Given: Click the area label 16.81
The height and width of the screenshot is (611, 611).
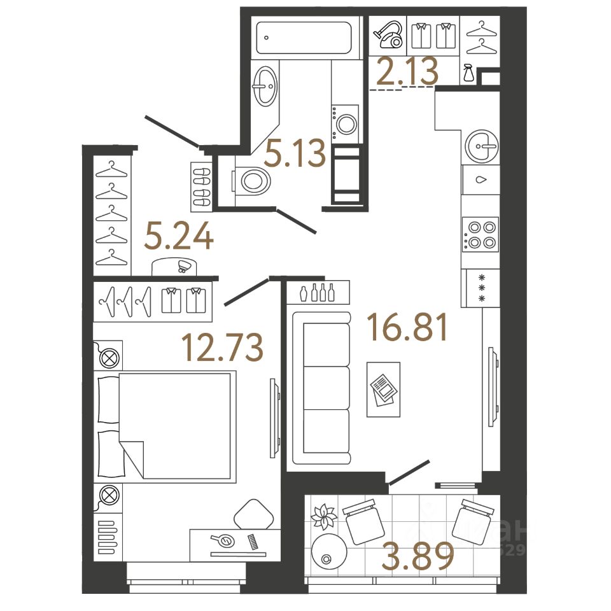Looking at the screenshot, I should click(408, 328).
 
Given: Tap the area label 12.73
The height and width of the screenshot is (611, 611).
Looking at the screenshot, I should click(222, 347).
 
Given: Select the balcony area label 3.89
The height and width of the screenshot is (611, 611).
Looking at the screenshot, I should click(418, 556).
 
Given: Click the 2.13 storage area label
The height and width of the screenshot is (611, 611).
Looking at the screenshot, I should click(407, 72).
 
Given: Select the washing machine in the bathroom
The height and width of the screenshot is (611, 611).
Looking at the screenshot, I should click(346, 122).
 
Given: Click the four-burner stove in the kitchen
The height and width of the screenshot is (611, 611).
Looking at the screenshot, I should click(481, 235).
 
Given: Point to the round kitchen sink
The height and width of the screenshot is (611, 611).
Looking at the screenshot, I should click(481, 146).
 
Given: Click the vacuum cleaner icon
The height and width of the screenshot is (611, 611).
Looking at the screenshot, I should click(388, 36).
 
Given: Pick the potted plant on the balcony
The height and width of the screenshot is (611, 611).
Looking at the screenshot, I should click(324, 517).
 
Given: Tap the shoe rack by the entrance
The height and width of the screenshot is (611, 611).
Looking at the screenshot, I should click(200, 186).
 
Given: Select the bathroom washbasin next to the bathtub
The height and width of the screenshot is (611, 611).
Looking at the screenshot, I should click(265, 87).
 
